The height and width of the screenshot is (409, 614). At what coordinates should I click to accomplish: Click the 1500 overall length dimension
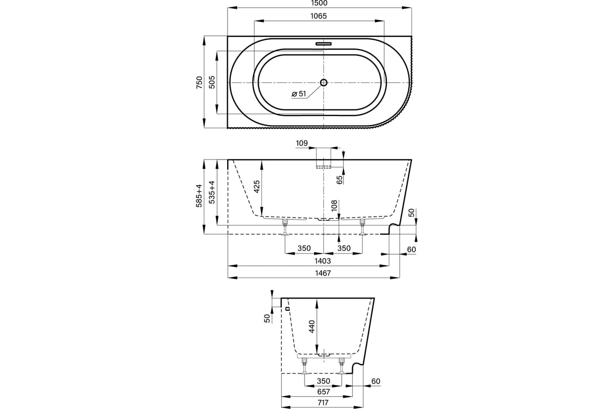(x=320, y=3)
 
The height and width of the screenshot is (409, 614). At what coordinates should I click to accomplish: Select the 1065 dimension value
(x=318, y=16)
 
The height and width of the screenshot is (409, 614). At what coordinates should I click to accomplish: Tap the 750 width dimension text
(x=199, y=82)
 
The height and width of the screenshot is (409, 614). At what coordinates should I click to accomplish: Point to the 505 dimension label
(x=212, y=82)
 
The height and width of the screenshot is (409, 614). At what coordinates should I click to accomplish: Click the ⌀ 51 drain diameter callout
(x=299, y=94)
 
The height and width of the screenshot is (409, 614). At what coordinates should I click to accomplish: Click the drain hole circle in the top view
(x=324, y=82)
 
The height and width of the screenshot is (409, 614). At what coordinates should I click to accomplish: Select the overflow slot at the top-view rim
(x=324, y=43)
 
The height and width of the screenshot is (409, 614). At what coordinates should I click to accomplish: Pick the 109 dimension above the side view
(x=302, y=143)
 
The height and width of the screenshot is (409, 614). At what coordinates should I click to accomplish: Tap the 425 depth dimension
(x=257, y=187)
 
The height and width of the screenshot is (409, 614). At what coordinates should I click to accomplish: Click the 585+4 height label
(x=199, y=196)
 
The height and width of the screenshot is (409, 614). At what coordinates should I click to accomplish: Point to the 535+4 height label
(x=212, y=192)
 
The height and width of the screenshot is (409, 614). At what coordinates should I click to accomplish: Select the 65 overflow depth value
(x=340, y=180)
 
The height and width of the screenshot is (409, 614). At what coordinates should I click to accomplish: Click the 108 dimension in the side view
(x=334, y=206)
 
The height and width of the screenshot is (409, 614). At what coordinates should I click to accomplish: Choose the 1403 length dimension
(x=323, y=261)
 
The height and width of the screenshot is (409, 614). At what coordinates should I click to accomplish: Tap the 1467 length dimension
(x=323, y=273)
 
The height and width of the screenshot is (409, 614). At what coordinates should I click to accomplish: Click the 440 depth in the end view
(x=312, y=327)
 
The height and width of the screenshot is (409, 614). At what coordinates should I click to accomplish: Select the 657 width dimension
(x=323, y=392)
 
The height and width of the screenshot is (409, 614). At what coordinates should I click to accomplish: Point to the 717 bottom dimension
(x=323, y=403)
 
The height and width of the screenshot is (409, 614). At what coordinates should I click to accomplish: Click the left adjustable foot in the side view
(x=285, y=227)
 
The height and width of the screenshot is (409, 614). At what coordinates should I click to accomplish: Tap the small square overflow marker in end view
(x=288, y=309)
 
